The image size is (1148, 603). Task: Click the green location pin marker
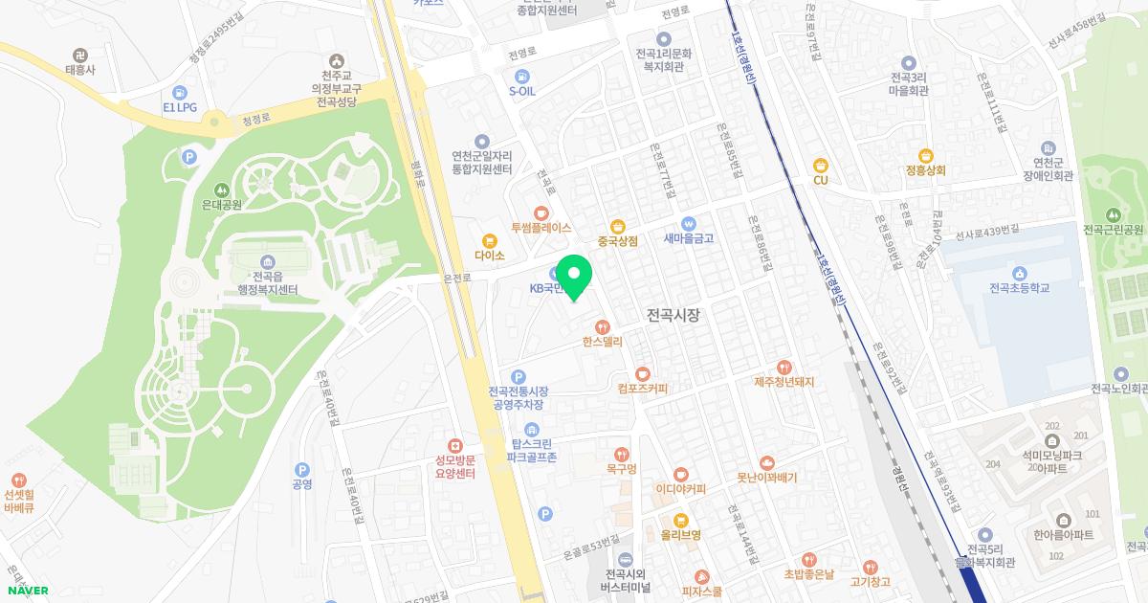574,278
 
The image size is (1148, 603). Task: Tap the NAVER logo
27,591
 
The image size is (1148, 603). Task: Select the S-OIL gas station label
521,92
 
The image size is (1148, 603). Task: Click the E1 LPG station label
179,108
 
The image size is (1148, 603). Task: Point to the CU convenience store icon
820,166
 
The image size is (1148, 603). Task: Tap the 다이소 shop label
489,256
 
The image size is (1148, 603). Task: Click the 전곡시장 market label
673,313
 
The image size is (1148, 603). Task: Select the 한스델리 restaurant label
602,340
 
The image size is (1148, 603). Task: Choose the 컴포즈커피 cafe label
642,389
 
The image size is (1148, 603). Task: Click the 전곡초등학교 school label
1020,287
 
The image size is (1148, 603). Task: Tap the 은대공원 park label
222,203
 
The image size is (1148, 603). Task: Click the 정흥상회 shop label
925,170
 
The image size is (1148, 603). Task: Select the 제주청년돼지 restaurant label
784,382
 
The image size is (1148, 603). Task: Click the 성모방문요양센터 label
455,466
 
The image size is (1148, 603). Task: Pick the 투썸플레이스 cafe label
541,228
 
